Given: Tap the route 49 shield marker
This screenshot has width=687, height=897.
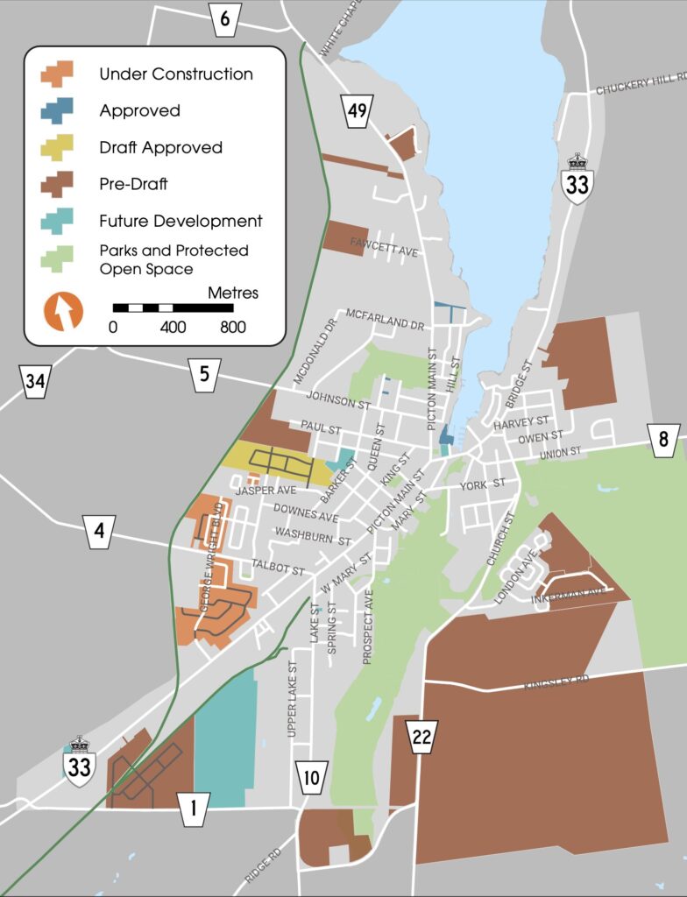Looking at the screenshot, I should click(x=358, y=110).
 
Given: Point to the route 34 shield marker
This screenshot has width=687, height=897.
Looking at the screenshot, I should click(x=35, y=381).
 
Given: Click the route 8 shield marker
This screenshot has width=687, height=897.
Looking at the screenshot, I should click(x=663, y=440).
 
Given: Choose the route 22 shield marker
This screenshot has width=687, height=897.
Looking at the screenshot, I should click(x=422, y=737).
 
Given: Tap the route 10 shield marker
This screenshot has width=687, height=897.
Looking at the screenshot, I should click(x=312, y=776).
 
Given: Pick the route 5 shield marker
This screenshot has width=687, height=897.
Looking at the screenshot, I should click(x=204, y=375).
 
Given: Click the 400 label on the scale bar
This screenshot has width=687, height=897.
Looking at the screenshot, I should click(x=173, y=328).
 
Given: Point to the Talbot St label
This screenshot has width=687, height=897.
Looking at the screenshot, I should click(x=278, y=567).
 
